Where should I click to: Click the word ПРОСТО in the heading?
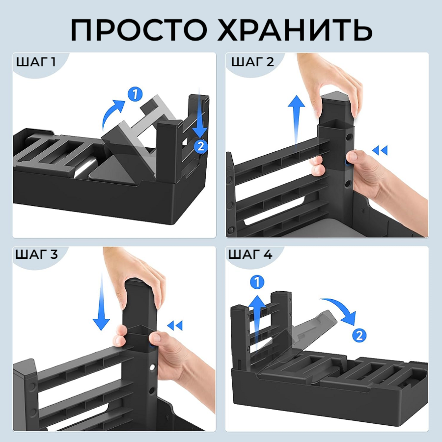point(139,30)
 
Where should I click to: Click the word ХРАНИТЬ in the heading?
point(295,30)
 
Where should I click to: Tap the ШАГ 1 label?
point(36,62)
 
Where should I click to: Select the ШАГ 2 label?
point(252,62)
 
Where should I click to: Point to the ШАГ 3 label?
point(37,254)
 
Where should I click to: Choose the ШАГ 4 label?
point(250,254)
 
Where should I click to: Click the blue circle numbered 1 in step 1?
point(135,94)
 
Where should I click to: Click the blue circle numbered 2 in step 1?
point(201,146)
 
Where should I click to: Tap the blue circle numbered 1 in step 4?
point(257,282)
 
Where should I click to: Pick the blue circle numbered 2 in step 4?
point(359,336)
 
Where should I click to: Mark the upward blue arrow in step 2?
point(296,122)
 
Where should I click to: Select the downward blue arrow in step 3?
point(101,302)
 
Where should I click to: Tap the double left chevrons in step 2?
point(380,151)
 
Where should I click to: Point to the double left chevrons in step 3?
point(175,326)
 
